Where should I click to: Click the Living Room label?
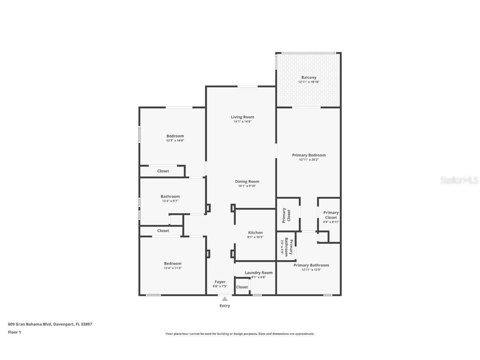(x=242, y=117)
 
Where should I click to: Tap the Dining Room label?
(x=247, y=182)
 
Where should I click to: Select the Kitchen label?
(x=255, y=232)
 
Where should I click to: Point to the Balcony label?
(x=309, y=77)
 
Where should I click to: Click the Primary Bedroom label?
(x=309, y=155)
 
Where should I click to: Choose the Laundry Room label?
(x=259, y=273)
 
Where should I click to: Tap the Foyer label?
(x=220, y=282)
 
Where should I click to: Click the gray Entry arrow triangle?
(x=225, y=299)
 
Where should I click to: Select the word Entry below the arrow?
(x=225, y=305)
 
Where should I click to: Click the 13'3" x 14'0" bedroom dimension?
(x=175, y=140)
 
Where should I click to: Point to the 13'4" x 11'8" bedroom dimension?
(x=172, y=268)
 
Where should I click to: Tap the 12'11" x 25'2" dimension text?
(x=309, y=160)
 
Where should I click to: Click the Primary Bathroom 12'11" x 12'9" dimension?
(x=311, y=270)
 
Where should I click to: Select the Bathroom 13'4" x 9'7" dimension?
(x=170, y=201)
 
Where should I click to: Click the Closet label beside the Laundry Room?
(x=242, y=287)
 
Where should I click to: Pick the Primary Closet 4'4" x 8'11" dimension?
(x=331, y=222)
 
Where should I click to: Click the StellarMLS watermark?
(x=459, y=180)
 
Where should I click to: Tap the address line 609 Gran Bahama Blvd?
(x=50, y=324)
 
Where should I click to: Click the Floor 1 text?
(x=15, y=332)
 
